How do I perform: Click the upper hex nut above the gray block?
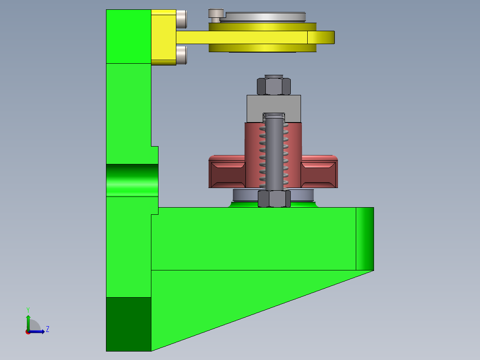click(x=274, y=86)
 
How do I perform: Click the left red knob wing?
click(x=227, y=174)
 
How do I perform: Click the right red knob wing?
click(x=319, y=174)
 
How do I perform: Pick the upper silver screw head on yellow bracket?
click(x=181, y=19)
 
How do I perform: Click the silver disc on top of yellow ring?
click(x=263, y=17)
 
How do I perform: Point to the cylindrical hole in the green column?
click(x=132, y=180)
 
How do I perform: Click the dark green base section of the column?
click(x=129, y=324)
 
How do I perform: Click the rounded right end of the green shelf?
click(x=365, y=239)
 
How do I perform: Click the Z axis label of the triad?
click(x=47, y=329)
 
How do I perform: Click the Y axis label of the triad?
click(x=28, y=309)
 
